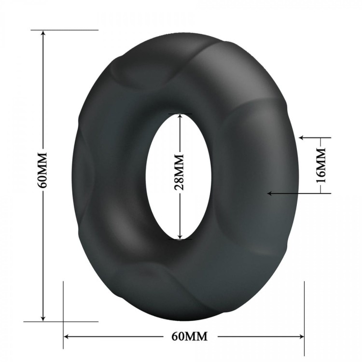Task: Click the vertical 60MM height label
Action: click(42, 170)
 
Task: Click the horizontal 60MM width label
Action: click(190, 336)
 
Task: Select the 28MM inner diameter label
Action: click(179, 172)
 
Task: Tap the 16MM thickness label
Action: click(321, 165)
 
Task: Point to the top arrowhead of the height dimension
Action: click(43, 33)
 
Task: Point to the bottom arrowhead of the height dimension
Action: click(43, 318)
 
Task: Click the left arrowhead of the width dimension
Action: click(67, 336)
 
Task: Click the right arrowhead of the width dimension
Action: click(301, 336)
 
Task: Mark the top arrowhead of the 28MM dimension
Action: click(181, 117)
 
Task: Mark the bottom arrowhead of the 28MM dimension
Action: click(181, 236)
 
